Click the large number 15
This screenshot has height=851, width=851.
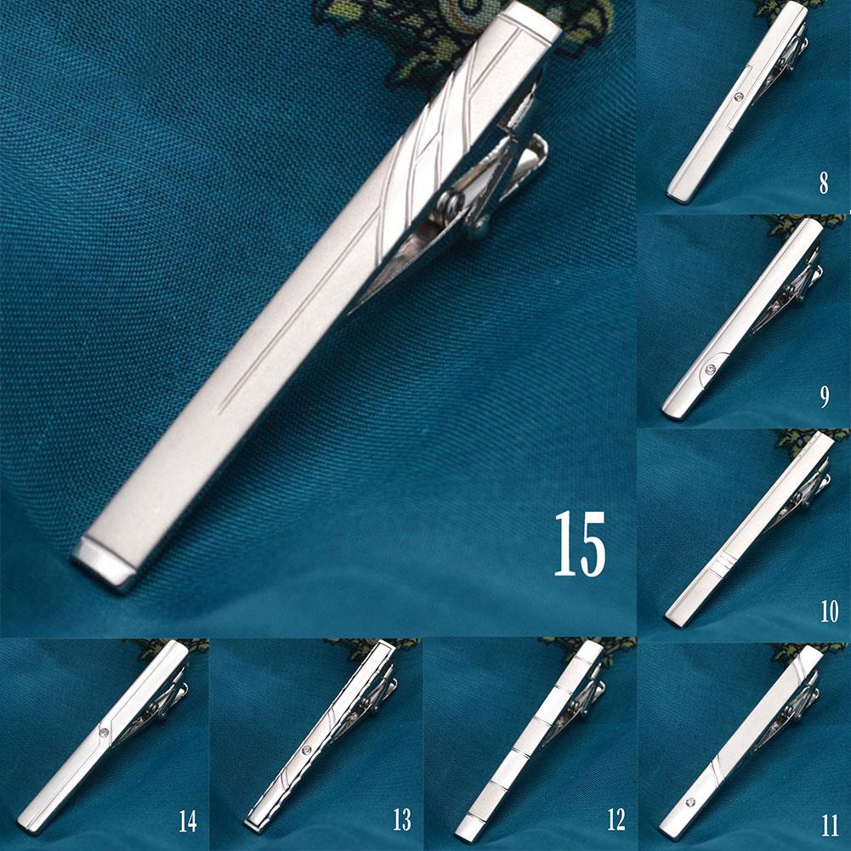[581, 544]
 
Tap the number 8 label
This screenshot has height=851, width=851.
[823, 184]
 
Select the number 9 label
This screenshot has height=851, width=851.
[824, 398]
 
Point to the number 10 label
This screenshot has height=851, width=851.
[829, 610]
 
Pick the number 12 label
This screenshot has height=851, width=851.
[616, 820]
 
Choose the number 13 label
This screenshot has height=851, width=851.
[402, 820]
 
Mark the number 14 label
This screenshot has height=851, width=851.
[188, 821]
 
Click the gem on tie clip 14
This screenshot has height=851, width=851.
[103, 732]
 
